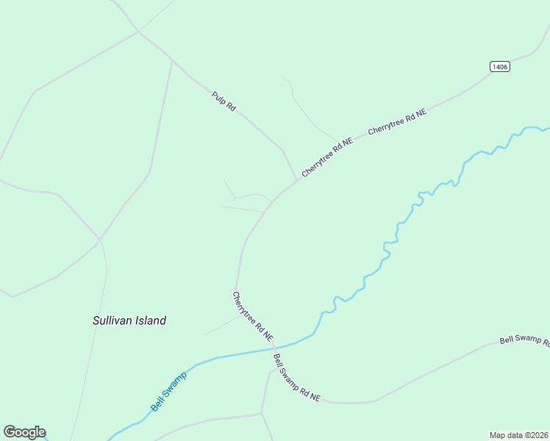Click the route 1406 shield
[499, 66]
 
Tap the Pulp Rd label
[224, 101]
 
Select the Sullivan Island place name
[129, 320]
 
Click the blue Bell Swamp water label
[168, 391]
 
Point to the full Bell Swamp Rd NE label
[296, 377]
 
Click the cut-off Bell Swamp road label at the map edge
[524, 340]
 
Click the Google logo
[24, 432]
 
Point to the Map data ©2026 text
[519, 434]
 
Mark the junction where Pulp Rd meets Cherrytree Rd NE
[298, 179]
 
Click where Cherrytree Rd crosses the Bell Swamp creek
[274, 348]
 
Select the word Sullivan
[112, 320]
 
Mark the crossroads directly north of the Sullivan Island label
[100, 240]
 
